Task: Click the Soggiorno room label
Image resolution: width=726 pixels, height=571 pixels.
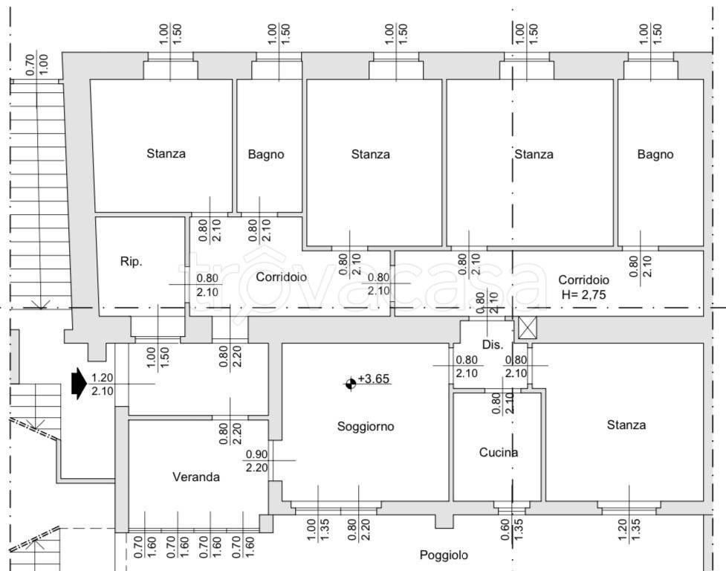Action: pos(365,427)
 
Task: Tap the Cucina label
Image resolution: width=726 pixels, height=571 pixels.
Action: pos(498,452)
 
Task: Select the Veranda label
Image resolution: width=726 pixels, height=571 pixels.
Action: pos(196,477)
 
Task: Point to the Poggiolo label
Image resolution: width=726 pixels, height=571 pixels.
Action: pos(444,555)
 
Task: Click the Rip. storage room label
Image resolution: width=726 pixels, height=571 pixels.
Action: pos(131,262)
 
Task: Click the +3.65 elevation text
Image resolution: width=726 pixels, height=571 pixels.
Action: pos(374,379)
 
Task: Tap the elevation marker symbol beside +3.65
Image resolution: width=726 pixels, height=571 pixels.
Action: pos(350,384)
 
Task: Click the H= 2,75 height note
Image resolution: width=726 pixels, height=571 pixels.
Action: pos(583,294)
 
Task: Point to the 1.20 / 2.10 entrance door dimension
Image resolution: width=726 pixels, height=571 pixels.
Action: pos(102,384)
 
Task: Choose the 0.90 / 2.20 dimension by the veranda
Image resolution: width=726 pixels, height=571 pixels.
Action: pos(256,460)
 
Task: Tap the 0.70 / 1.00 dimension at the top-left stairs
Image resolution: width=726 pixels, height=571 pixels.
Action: pos(36,64)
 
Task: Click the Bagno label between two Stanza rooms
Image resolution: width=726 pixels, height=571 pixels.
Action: pos(266,155)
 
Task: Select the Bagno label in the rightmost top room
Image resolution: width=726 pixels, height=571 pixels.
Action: pos(655,155)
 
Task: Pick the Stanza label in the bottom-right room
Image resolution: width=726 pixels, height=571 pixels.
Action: pos(626,425)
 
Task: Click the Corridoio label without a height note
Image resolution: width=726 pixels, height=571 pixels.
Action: pos(282,277)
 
